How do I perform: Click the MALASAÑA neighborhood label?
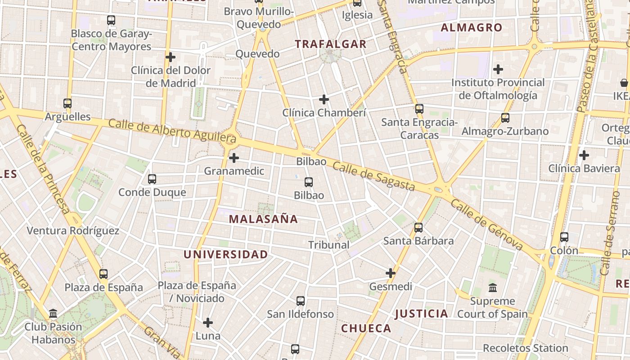click(x=263, y=219)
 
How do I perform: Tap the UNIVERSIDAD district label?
click(x=225, y=255)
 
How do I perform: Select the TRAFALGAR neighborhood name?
click(x=331, y=44)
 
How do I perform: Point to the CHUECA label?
click(x=366, y=328)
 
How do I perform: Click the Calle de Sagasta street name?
click(x=373, y=176)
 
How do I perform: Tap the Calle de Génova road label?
click(x=486, y=225)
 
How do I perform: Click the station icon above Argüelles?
click(x=67, y=103)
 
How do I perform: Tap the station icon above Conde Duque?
click(x=152, y=179)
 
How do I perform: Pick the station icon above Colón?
click(x=564, y=237)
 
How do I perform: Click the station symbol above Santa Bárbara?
click(x=418, y=228)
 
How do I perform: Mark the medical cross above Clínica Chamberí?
click(x=324, y=99)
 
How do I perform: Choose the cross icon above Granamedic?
click(x=234, y=158)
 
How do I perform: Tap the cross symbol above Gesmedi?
click(x=391, y=273)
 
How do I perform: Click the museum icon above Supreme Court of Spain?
click(x=493, y=288)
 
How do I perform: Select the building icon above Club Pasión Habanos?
click(x=53, y=313)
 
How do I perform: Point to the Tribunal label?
click(x=329, y=245)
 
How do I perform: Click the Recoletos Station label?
click(x=525, y=348)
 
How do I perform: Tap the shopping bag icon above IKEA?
click(x=624, y=83)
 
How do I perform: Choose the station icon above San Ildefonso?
click(x=301, y=301)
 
